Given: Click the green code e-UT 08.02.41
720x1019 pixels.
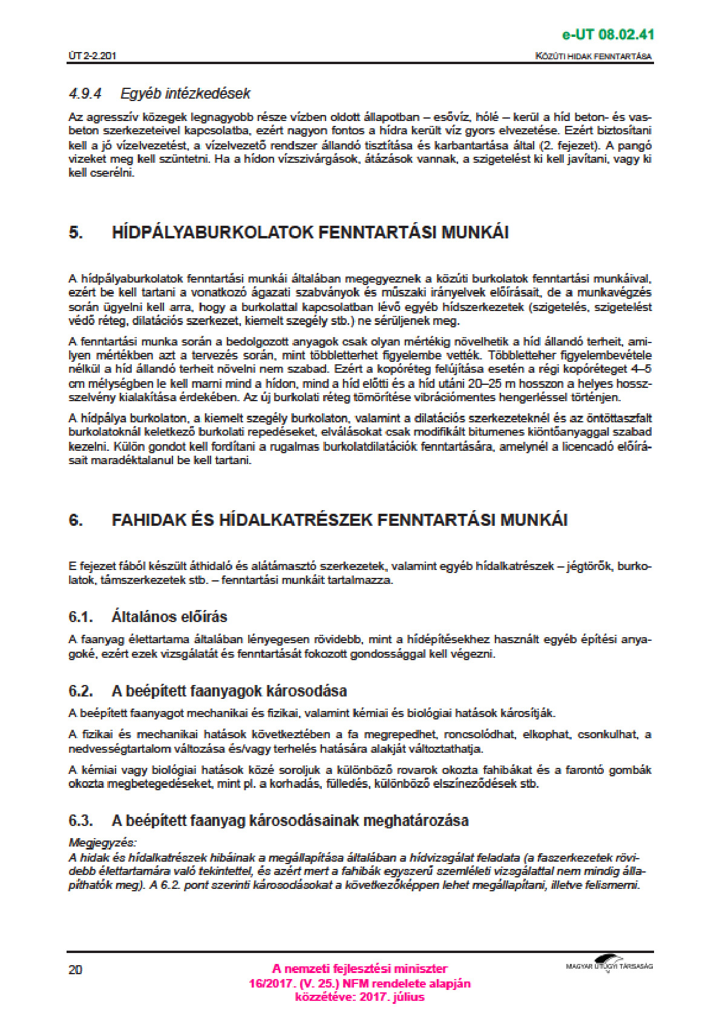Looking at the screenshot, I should point(607,34).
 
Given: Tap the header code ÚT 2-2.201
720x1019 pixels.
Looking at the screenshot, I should point(92,56).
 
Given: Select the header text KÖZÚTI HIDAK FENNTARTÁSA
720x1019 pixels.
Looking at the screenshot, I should point(594,56).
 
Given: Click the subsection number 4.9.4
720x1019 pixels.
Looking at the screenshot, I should point(85,94).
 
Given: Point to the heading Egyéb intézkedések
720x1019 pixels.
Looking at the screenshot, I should point(185,94).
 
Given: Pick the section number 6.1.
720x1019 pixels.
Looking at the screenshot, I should point(80,617).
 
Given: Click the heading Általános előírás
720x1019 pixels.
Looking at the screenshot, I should point(169,617).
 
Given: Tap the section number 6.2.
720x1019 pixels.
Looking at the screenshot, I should point(80,691).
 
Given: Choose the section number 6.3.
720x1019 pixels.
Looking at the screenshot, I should point(80,821).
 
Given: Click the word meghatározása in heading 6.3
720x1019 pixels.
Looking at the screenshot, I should point(417,821).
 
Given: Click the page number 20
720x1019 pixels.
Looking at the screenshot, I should point(75,970).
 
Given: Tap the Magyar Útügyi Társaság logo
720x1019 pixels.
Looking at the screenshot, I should point(609,964).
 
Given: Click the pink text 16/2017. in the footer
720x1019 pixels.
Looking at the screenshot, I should point(270,983).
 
